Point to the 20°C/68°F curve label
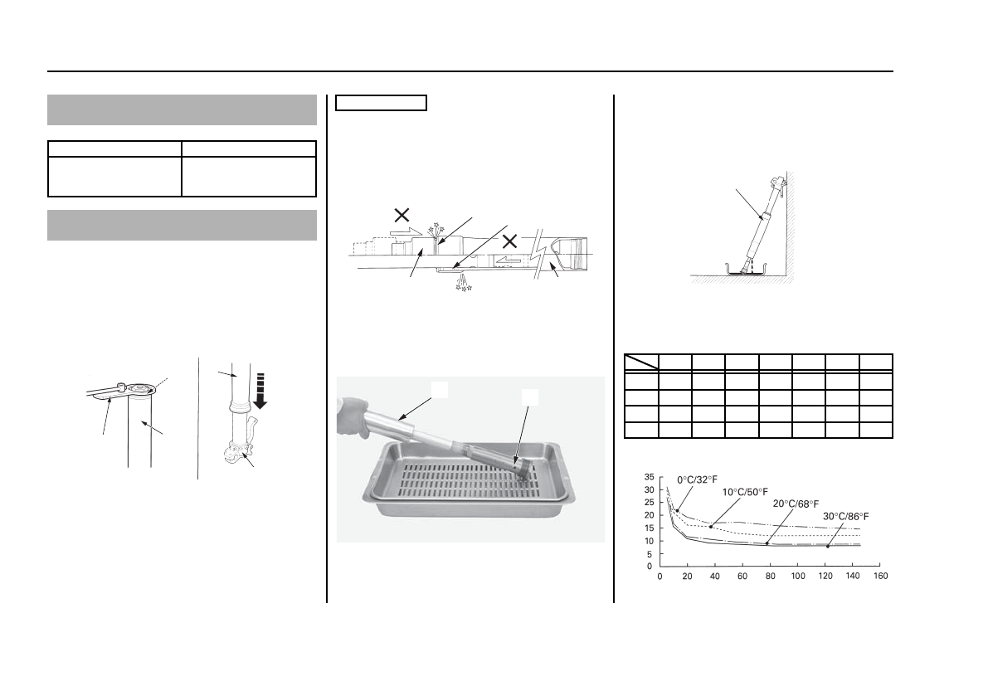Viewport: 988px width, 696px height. tap(796, 504)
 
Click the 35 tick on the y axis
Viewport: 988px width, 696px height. tap(650, 477)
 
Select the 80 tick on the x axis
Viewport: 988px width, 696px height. tap(770, 577)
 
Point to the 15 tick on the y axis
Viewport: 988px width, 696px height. tap(650, 528)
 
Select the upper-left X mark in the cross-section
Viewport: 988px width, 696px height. tap(402, 215)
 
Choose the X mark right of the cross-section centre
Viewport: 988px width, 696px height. tap(509, 241)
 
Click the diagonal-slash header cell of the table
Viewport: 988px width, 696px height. tap(641, 362)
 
